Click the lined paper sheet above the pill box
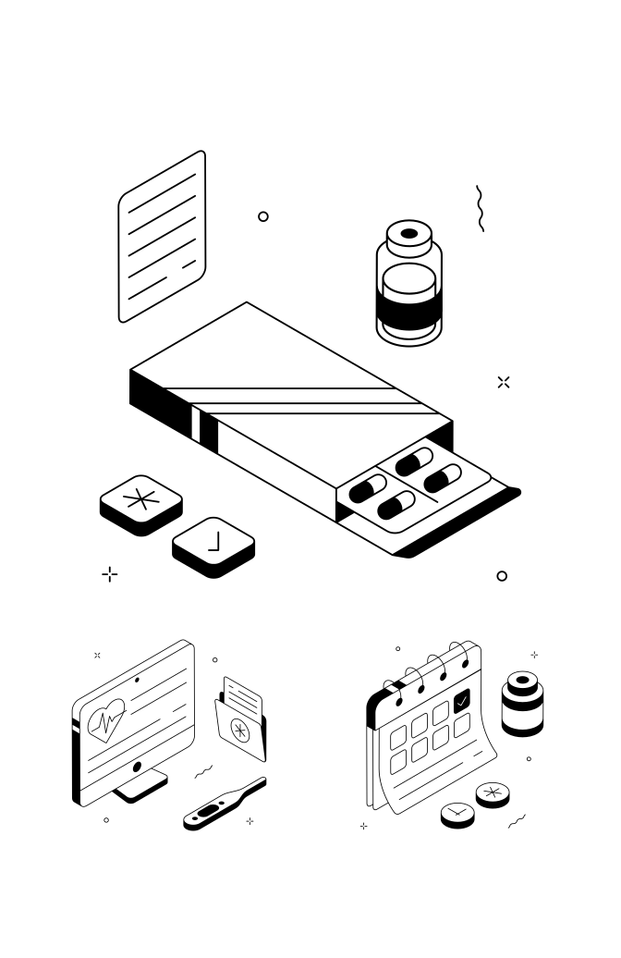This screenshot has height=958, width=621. click(162, 237)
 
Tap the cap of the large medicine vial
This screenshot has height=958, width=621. click(409, 238)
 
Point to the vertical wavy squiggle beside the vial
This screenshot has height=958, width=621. click(480, 208)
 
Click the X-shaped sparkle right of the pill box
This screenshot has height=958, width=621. click(504, 382)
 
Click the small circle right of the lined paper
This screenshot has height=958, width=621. click(263, 216)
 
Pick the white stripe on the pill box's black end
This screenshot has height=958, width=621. click(196, 424)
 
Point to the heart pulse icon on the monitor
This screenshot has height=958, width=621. click(106, 719)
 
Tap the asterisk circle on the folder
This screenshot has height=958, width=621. click(240, 731)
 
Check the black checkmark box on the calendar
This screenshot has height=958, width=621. click(462, 700)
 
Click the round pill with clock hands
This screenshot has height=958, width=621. click(457, 813)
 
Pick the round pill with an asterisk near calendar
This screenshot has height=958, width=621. click(493, 793)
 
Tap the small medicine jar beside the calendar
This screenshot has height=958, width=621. click(522, 703)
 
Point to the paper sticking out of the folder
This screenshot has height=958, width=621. click(243, 694)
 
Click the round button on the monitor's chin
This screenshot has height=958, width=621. click(138, 767)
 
